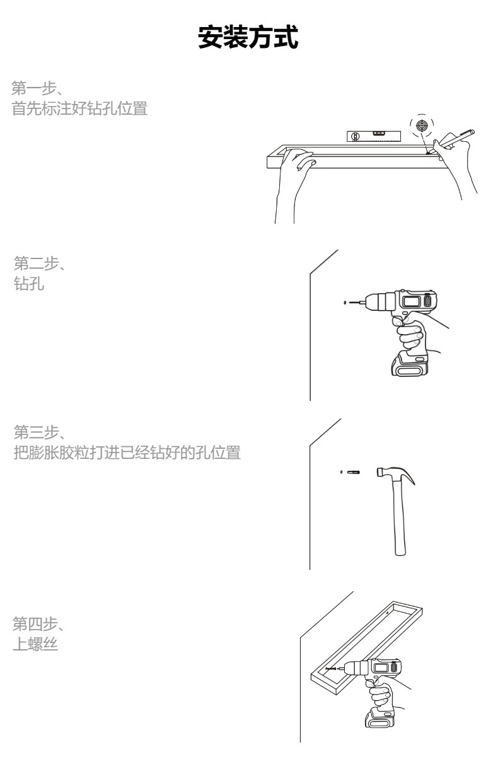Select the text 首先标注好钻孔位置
tap(80, 108)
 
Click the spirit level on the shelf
tap(373, 135)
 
